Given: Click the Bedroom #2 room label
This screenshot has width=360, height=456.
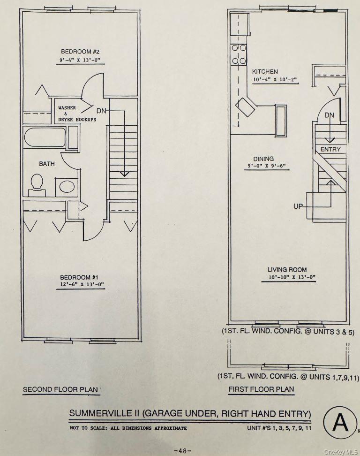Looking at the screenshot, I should (79, 51).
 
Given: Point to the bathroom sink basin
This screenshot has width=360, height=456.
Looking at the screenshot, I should (67, 187).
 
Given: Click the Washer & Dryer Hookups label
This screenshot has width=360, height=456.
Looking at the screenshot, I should (77, 114).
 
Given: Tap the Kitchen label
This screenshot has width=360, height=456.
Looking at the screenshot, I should (265, 72).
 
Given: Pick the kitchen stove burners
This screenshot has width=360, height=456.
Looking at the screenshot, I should (239, 54).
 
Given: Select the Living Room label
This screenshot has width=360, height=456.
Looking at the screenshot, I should (287, 270).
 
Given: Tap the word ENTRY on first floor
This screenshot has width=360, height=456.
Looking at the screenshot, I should (330, 149).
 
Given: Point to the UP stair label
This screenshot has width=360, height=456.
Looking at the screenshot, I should (298, 206).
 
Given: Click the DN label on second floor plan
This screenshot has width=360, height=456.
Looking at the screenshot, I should (101, 111).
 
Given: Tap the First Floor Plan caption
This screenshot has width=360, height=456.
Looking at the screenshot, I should (261, 389).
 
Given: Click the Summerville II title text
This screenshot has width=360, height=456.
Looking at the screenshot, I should (190, 413).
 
